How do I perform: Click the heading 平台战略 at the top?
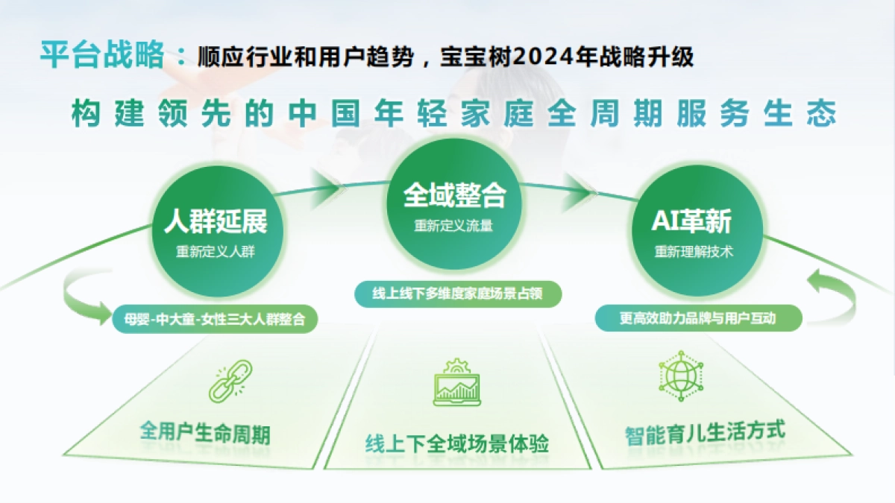click(102, 54)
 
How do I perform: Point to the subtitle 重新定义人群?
click(216, 252)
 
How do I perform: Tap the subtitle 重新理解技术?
click(693, 252)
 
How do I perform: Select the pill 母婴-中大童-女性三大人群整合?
click(215, 319)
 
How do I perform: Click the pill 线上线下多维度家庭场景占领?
click(456, 294)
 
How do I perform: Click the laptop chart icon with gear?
click(456, 383)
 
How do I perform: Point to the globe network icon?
click(680, 376)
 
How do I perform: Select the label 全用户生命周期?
click(205, 432)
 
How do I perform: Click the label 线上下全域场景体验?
click(457, 444)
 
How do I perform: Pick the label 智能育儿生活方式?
click(705, 431)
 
